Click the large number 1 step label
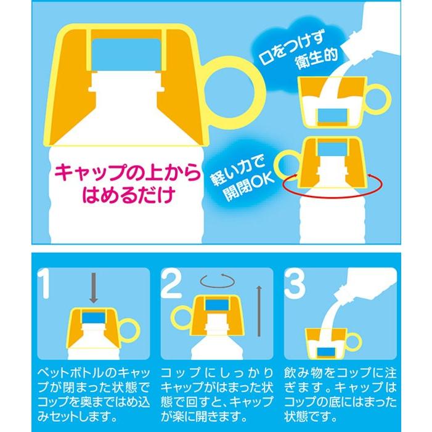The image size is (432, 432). pyautogui.click(x=44, y=283)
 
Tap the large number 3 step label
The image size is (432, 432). pyautogui.click(x=295, y=283)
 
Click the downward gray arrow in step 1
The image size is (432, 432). pyautogui.click(x=94, y=288)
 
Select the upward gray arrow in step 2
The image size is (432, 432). pyautogui.click(x=258, y=311)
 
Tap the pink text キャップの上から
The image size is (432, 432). pyautogui.click(x=128, y=173)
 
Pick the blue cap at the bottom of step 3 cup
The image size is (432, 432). pyautogui.click(x=327, y=353)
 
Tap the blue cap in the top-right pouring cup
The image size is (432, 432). pyautogui.click(x=333, y=115)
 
